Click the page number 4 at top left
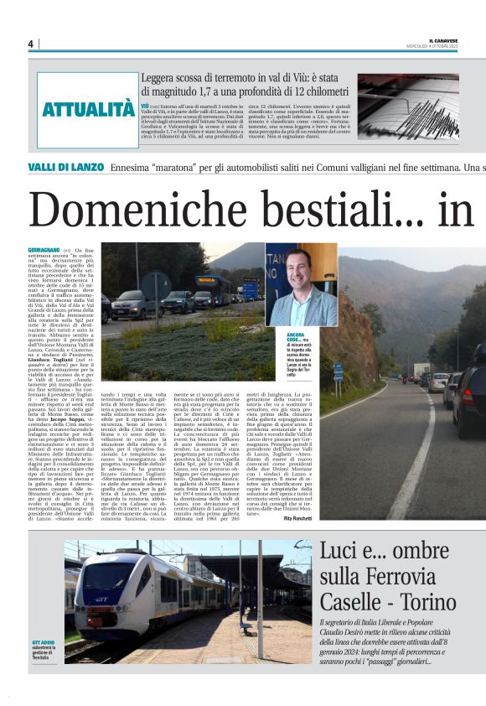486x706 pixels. point(30,44)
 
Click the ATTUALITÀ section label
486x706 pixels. point(88,109)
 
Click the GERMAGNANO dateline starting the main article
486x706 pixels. point(44,251)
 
